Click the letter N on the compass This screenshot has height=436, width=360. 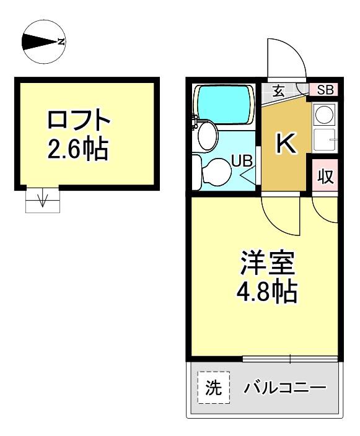(x=61, y=42)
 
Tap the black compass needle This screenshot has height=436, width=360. (x=40, y=42)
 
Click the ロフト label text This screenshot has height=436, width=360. (x=79, y=120)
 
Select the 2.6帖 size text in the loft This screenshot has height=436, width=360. (x=77, y=149)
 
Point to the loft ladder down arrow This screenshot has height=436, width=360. (x=42, y=199)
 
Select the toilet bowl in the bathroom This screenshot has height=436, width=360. (x=216, y=172)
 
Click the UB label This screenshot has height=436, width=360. (x=242, y=161)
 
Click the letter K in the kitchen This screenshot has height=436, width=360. (x=285, y=143)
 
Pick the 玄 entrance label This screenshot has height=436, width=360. (x=278, y=90)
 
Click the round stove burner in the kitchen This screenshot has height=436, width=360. (x=325, y=115)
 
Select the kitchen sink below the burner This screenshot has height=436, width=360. (x=324, y=141)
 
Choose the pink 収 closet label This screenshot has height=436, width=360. (x=325, y=176)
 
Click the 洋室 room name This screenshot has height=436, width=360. (x=267, y=263)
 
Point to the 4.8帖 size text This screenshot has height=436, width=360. (x=267, y=292)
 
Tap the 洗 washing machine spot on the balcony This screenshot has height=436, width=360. (x=214, y=387)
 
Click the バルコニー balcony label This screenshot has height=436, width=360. (x=284, y=387)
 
